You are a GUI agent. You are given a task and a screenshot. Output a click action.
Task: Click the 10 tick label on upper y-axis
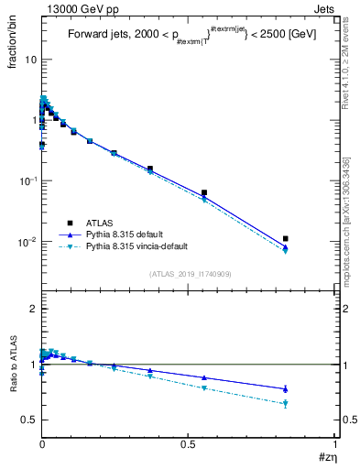[30, 60]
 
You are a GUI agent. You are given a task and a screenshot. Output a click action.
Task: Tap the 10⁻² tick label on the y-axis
[28, 242]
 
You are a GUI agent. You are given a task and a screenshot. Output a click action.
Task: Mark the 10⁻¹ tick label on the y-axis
[28, 180]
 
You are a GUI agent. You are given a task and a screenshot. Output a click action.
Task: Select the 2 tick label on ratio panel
[34, 309]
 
